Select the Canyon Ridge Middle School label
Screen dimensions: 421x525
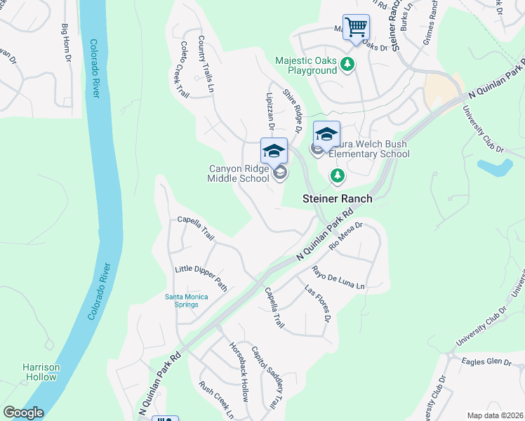coord(239,173)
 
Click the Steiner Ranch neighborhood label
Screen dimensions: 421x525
coord(337,199)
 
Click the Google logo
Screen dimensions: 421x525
coord(23,413)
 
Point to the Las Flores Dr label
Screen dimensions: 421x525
coord(317,302)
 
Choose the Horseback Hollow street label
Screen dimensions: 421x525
coord(239,371)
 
